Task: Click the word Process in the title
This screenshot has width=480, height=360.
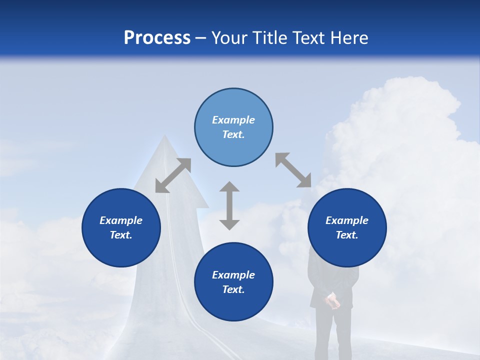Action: pos(157,38)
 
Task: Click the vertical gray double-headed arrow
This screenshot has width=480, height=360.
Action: pos(229,205)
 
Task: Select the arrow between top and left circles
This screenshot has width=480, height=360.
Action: pos(173,175)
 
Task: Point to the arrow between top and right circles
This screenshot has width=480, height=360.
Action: pos(293,170)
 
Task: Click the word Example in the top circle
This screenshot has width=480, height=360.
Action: pos(233,120)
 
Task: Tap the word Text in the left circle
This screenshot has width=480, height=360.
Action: pos(121,235)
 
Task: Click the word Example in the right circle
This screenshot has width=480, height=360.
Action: pos(347,220)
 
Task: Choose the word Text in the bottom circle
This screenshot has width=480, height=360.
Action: pos(233,290)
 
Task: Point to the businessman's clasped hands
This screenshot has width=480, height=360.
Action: pos(331,301)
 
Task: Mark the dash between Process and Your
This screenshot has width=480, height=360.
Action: pos(201,38)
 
